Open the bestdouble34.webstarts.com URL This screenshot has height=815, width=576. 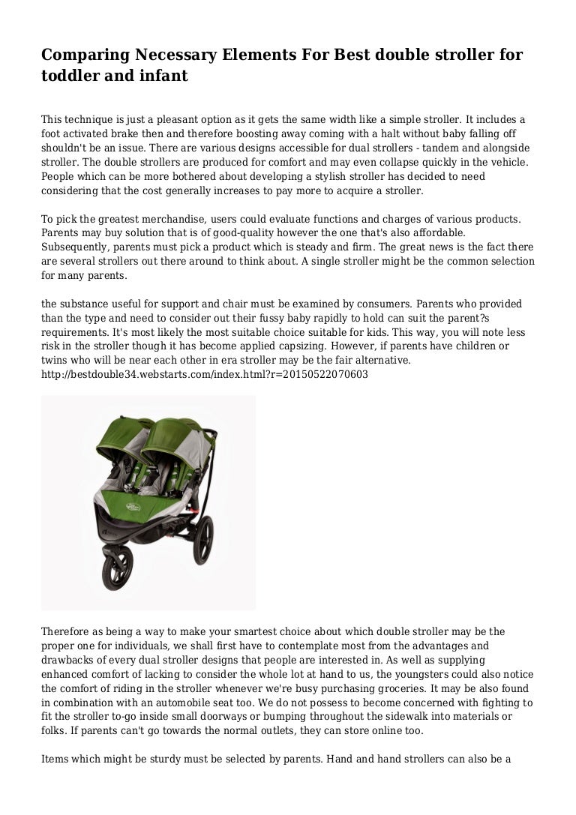[x=204, y=373]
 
